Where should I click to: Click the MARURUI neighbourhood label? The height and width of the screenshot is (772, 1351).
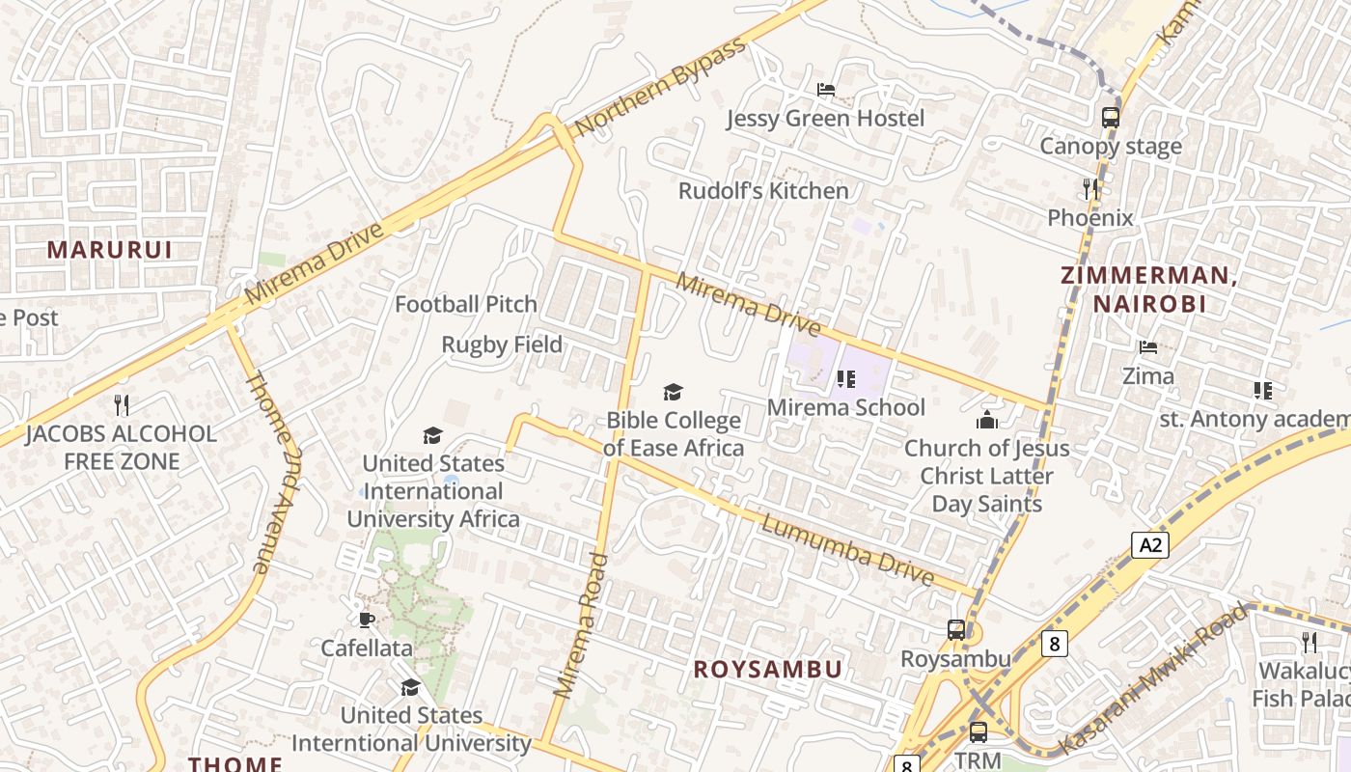click(109, 250)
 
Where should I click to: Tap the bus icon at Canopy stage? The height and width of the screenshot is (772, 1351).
click(1111, 118)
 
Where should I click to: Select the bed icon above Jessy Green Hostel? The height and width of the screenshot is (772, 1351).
click(826, 90)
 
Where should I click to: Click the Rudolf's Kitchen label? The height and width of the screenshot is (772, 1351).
click(763, 191)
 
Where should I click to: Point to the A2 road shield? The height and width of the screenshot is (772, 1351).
click(1150, 545)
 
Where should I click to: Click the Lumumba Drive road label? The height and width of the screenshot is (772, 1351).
click(847, 550)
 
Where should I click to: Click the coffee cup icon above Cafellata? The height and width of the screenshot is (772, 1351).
click(366, 620)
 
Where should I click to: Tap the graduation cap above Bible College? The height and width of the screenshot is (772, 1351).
click(673, 392)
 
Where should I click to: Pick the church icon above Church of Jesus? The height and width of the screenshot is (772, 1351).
click(986, 420)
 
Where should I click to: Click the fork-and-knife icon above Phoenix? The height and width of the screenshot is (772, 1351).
click(1090, 188)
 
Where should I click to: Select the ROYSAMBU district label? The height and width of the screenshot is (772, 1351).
click(768, 669)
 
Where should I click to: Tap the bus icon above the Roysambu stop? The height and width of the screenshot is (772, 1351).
click(955, 630)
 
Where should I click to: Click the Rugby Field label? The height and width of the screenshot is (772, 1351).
click(502, 345)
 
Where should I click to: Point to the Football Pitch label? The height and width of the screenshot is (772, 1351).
click(466, 304)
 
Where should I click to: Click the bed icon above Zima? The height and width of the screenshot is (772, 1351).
click(1147, 347)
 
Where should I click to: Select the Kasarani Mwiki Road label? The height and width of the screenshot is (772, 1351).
click(1153, 679)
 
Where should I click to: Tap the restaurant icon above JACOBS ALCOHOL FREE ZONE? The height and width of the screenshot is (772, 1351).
click(121, 404)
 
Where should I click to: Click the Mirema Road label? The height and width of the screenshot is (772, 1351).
click(582, 625)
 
